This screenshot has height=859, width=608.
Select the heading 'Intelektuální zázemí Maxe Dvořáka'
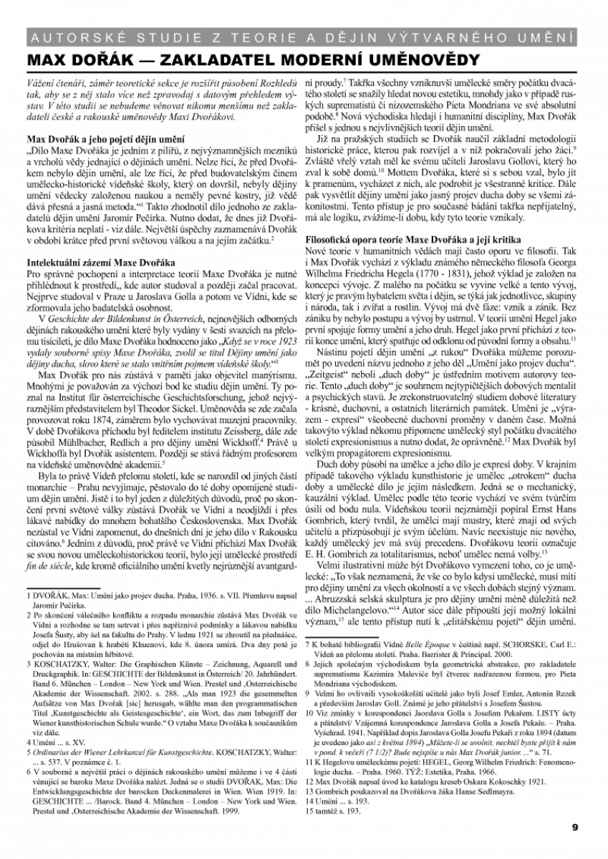(96, 263)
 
